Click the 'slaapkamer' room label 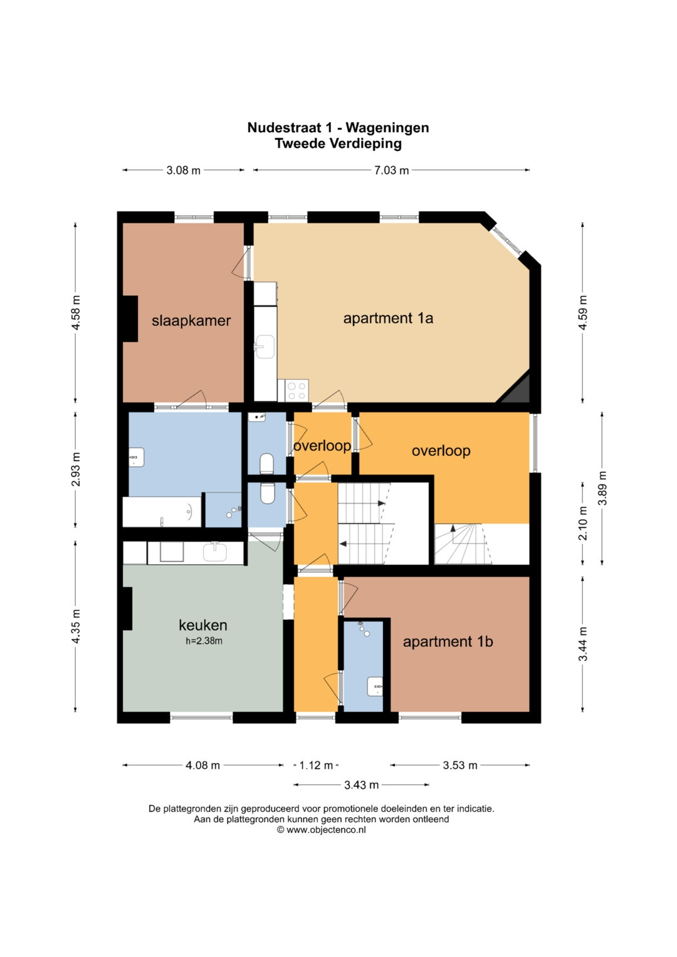click(x=191, y=321)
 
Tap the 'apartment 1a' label click(x=388, y=318)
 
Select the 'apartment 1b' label click(x=448, y=642)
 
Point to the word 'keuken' click(x=202, y=625)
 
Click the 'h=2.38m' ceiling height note click(x=204, y=641)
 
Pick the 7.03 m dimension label click(x=392, y=170)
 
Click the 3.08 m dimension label click(x=183, y=170)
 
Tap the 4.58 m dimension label click(x=76, y=312)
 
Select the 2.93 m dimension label click(x=76, y=469)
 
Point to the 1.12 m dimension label click(x=316, y=765)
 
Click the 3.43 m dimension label click(x=361, y=785)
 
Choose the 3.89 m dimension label click(x=602, y=488)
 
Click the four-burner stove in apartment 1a click(x=297, y=390)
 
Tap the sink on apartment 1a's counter click(x=265, y=346)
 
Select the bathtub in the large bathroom click(x=162, y=511)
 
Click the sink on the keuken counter click(x=214, y=552)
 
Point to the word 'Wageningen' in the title click(x=387, y=128)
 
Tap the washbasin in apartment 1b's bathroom click(x=375, y=686)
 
